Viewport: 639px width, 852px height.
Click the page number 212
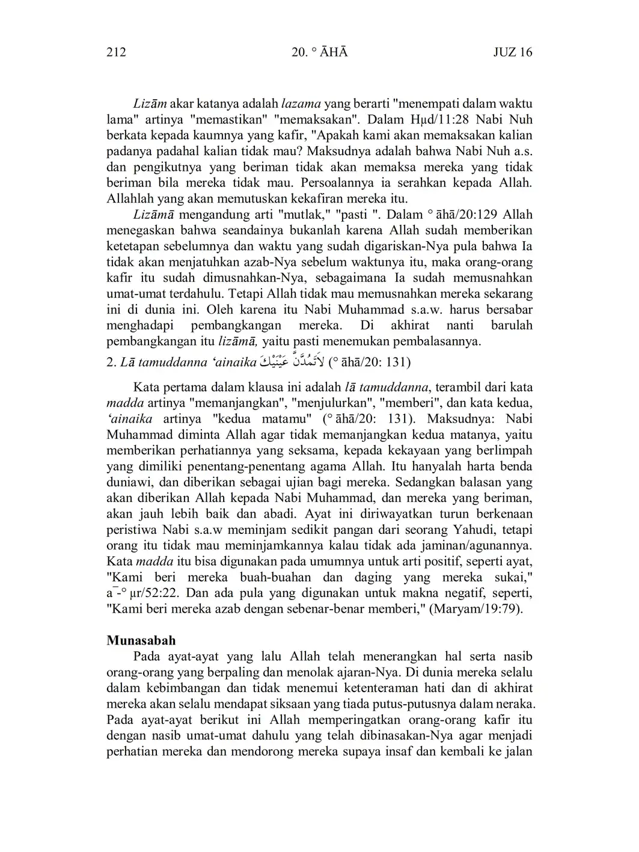point(116,52)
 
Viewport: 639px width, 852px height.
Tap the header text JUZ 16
point(513,52)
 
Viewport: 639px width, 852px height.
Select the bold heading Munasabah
point(141,640)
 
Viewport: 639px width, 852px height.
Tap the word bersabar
point(509,310)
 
